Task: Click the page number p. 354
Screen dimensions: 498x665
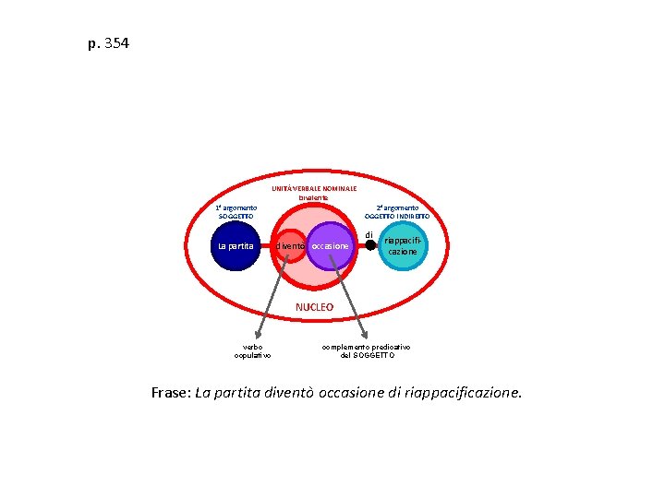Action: pyautogui.click(x=109, y=42)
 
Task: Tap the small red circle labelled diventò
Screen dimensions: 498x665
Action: pyautogui.click(x=289, y=246)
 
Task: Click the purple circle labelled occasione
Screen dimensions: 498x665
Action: pyautogui.click(x=331, y=246)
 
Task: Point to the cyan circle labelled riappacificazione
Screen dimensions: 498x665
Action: pyautogui.click(x=403, y=245)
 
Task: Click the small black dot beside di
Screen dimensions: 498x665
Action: pyautogui.click(x=370, y=245)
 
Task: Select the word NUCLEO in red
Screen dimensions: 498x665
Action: pyautogui.click(x=314, y=306)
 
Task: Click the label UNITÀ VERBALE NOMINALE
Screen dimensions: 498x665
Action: pyautogui.click(x=314, y=188)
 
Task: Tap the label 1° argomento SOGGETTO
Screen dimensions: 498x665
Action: pyautogui.click(x=236, y=212)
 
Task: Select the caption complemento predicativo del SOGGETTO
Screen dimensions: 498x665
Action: pyautogui.click(x=367, y=350)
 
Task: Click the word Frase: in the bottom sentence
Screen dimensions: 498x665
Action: pyautogui.click(x=171, y=393)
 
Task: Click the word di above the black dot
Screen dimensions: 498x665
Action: pyautogui.click(x=369, y=234)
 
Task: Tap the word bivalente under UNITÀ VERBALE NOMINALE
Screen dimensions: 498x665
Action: pyautogui.click(x=314, y=198)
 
